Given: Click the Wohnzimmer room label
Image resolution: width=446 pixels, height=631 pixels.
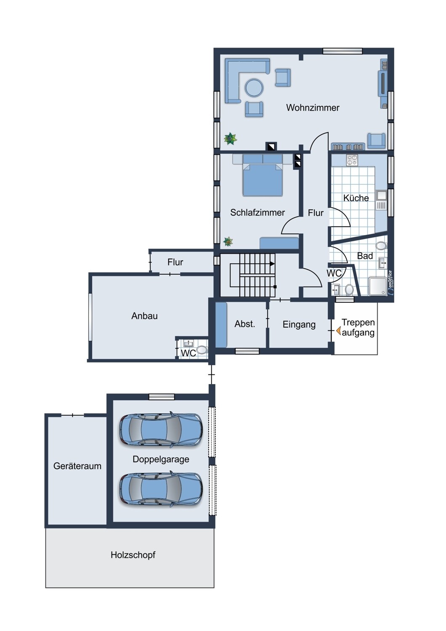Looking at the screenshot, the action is point(313,108).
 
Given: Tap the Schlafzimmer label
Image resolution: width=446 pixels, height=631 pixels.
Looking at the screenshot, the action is point(257,212).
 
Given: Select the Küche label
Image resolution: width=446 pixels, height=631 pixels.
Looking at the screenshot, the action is point(356,198).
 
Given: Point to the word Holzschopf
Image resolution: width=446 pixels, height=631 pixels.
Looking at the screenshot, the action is point(133,555).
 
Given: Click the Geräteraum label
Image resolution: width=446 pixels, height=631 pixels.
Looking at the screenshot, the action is point(77,466).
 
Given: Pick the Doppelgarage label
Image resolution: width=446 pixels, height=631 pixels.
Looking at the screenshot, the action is point(161,459).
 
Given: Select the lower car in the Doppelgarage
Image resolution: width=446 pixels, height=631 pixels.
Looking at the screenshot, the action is point(161,489).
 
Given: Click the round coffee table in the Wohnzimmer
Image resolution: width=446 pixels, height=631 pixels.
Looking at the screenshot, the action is point(254,88).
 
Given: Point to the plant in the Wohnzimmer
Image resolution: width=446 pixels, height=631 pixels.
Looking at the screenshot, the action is point(230,138).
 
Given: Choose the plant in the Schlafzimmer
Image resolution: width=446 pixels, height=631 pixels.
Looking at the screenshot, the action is point(228,241).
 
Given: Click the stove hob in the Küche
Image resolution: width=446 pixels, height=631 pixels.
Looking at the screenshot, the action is point(352,160).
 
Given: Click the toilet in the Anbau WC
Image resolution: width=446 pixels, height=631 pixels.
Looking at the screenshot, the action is point(202,350).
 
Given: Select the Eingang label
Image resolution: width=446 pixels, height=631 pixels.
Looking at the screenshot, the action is point(299,324).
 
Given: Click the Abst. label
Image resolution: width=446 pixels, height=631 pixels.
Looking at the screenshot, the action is point(244,324).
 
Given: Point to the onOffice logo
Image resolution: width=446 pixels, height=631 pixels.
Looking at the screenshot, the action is point(390,283).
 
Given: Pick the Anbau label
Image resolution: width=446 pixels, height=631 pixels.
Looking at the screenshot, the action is point(144,316).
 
